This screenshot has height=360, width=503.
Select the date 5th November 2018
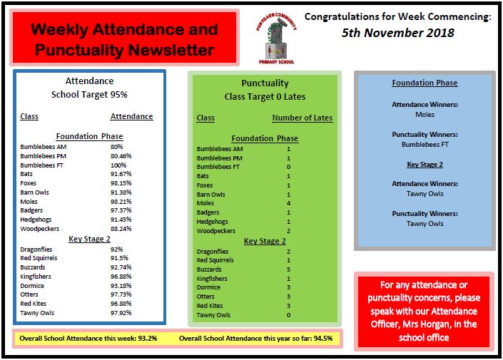coord(397,33)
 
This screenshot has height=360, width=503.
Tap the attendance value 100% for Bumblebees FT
coord(118,165)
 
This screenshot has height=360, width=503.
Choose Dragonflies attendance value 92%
coord(117,250)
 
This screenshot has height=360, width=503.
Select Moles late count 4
coord(288,203)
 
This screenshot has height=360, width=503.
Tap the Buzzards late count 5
coord(288,270)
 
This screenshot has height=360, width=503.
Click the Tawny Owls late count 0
coord(288,314)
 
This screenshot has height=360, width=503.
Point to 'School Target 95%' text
coord(89,95)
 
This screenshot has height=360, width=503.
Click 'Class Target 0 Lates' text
coord(265,96)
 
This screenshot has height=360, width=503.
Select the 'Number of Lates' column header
coord(302,118)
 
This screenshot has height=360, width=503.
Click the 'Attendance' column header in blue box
coord(131,116)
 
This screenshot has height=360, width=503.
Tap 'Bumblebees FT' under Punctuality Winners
coord(424,145)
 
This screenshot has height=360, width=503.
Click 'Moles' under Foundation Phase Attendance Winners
coord(424,114)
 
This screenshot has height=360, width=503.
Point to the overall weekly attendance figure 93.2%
coord(157,339)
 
